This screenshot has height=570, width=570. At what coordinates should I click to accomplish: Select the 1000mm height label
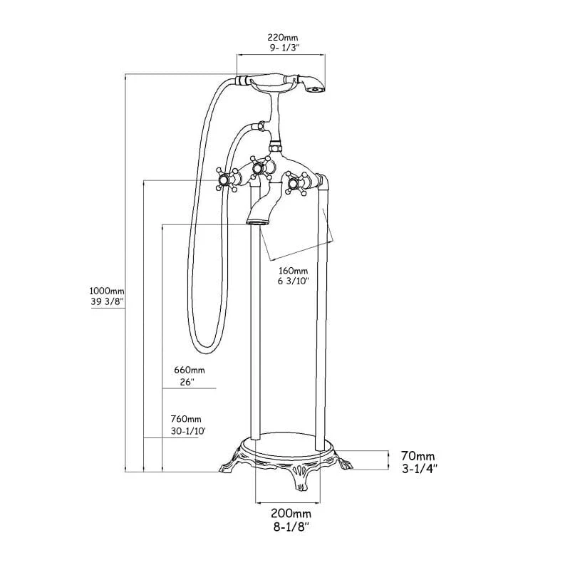106,291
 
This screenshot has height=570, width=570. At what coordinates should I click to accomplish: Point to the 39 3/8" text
106,302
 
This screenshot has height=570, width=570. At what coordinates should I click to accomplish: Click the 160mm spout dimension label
294,271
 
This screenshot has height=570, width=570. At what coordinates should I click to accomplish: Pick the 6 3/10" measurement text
294,282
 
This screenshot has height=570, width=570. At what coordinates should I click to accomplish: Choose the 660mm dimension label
189,370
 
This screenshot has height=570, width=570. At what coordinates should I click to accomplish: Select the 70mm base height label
417,456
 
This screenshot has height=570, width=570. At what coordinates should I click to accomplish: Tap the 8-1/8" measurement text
290,527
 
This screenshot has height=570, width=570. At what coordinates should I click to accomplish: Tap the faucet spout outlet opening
258,223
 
